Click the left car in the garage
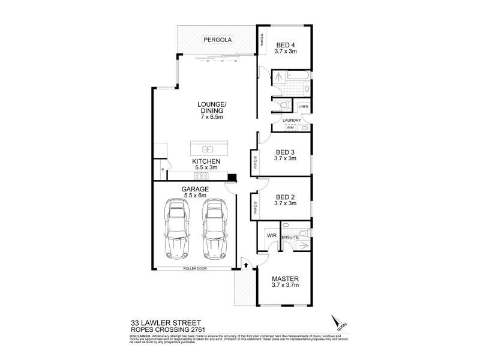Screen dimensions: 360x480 tap(178, 229)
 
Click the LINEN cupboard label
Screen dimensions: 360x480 tap(304, 107)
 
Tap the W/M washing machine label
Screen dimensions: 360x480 tap(290, 127)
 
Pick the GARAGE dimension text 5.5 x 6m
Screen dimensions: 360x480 tap(194, 195)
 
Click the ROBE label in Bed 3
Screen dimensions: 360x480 tap(255, 162)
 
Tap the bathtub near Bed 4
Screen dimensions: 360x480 tap(298, 76)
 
